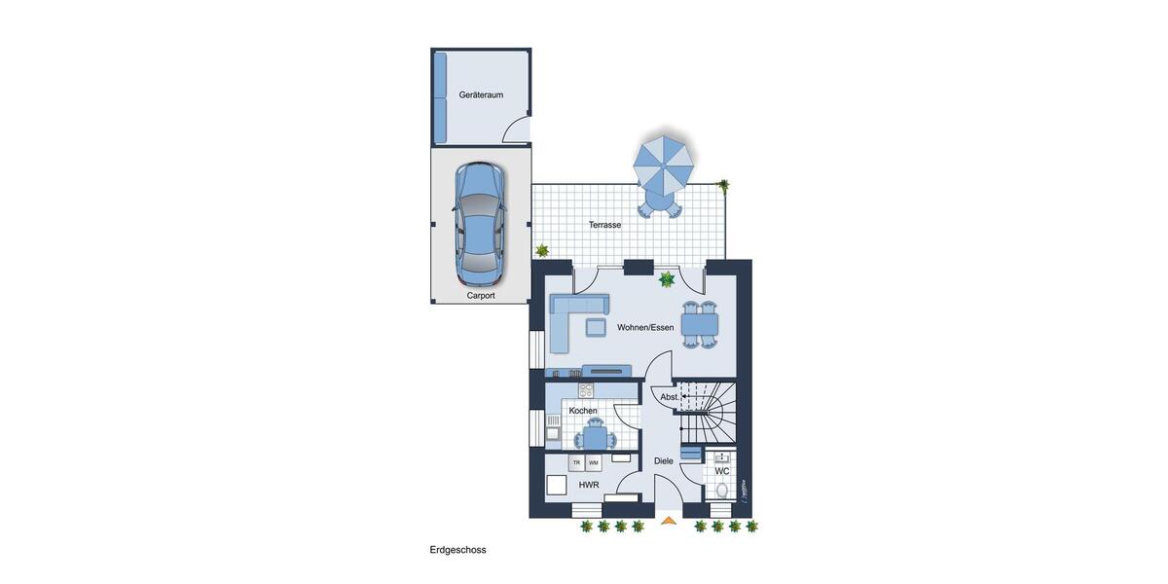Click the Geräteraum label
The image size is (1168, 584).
click(x=481, y=94)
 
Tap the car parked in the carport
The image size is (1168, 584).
click(x=480, y=219)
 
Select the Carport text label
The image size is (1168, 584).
click(x=480, y=294)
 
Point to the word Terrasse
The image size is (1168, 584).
click(x=604, y=225)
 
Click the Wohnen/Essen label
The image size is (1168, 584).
click(x=644, y=327)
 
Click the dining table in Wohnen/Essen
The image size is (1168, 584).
click(x=700, y=322)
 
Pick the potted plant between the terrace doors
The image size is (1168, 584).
click(x=667, y=280)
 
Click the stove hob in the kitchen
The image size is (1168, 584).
click(x=586, y=391)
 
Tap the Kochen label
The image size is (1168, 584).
click(x=583, y=411)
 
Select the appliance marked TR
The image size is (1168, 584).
click(x=576, y=462)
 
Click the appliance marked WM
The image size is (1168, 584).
click(x=594, y=462)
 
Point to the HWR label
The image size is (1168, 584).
click(x=588, y=485)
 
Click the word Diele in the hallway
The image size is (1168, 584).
click(x=664, y=461)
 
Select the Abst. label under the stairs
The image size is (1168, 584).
click(x=670, y=397)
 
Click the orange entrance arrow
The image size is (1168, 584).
click(x=668, y=521)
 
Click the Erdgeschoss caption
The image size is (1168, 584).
click(x=457, y=550)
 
